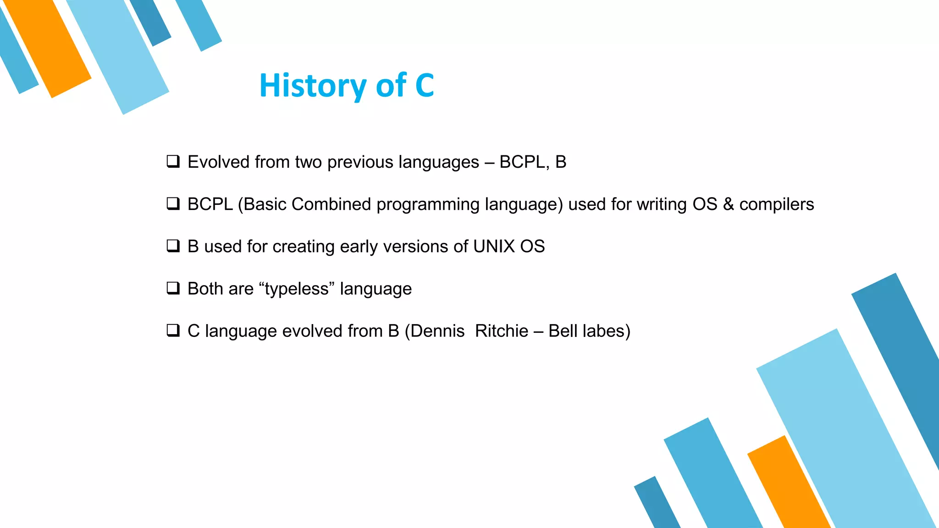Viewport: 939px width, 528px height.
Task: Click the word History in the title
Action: tap(313, 86)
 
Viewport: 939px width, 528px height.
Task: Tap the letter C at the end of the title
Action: tap(425, 86)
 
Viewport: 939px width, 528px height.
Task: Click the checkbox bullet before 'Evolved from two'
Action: tap(173, 161)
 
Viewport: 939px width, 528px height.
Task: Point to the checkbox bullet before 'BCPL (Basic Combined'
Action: tap(173, 203)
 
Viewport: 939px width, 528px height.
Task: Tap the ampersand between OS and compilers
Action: tap(728, 204)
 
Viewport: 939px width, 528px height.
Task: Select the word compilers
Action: tap(777, 204)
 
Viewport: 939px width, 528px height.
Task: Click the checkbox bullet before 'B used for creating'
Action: tap(173, 246)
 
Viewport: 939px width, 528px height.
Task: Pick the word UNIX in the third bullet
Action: tap(494, 247)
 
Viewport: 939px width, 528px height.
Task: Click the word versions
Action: tap(415, 247)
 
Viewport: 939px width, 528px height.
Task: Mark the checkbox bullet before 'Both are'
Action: tap(173, 288)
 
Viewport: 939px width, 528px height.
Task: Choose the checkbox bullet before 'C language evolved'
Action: tap(173, 330)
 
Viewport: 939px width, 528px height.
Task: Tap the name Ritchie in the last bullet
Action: tap(502, 331)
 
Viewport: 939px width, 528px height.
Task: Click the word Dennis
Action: tap(437, 331)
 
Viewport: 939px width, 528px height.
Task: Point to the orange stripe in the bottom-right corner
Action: tap(789, 486)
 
